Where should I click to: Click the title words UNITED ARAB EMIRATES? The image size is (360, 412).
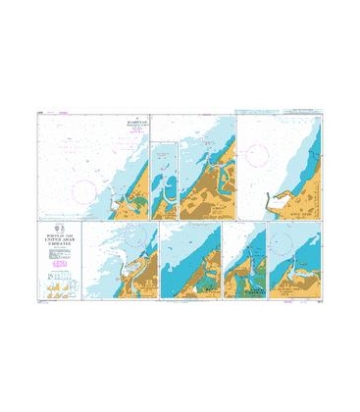click(x=62, y=231)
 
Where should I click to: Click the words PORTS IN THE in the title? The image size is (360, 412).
click(x=62, y=225)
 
